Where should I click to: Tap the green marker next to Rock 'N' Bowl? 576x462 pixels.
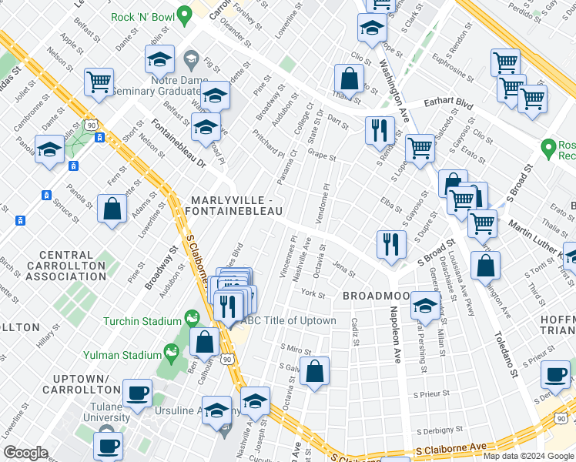pos(183,15)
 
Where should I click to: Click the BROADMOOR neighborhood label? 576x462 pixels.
pos(373,296)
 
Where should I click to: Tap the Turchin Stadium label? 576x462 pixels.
pos(144,320)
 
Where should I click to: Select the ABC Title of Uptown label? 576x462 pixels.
pos(290,320)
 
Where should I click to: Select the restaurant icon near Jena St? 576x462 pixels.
pos(391,244)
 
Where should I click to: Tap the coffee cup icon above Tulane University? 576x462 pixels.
pos(139,393)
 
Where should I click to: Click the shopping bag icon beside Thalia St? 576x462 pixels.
pos(349,79)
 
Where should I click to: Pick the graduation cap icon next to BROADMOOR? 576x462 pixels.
pos(424,306)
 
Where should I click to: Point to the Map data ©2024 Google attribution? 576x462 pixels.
pos(527,456)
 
